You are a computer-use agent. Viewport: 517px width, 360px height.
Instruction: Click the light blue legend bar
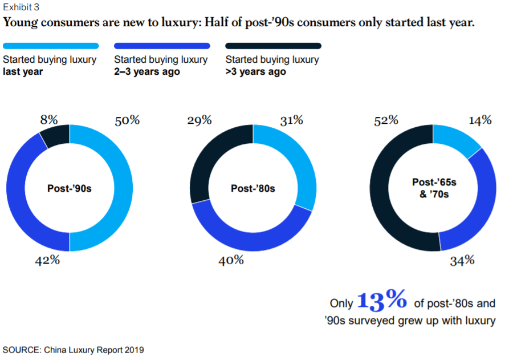coord(51,46)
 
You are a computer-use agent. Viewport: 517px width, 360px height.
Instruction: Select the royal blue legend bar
coord(162,46)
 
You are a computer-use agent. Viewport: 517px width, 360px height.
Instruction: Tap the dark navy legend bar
coord(273,46)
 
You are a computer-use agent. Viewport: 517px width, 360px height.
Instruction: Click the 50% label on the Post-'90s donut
coord(127,120)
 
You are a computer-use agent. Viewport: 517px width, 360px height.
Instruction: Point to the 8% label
coord(48,120)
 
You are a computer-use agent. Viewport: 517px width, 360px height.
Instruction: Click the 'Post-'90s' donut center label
coord(70,188)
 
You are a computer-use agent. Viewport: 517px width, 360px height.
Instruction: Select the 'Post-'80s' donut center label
coord(253,188)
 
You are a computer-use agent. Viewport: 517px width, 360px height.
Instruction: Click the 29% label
coord(200,120)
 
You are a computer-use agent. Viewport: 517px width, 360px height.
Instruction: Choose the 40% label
coord(231,260)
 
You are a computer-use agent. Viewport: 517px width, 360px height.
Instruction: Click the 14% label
coord(480,120)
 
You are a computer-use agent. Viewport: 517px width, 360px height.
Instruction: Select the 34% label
coord(462,260)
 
